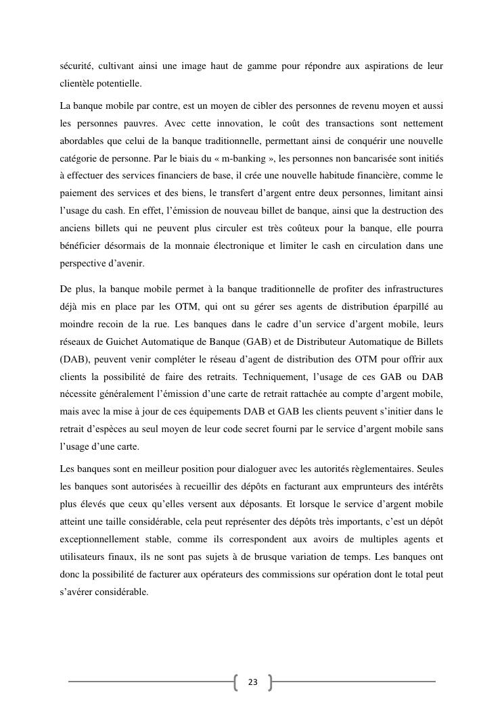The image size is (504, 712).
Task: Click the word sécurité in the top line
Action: [77, 66]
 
